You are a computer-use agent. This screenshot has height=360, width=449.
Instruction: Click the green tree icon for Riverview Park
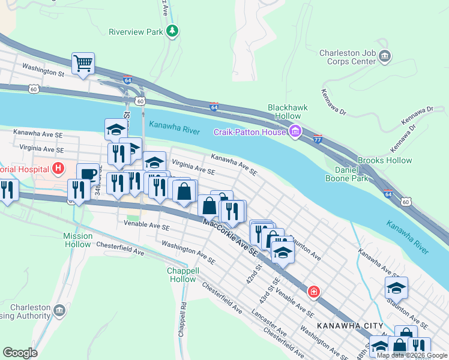[x=173, y=31]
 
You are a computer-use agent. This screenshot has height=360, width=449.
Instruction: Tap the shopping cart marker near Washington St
[x=83, y=64]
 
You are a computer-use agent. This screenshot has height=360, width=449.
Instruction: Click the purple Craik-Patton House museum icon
[x=295, y=131]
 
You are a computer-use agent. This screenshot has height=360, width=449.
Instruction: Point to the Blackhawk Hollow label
[x=288, y=112]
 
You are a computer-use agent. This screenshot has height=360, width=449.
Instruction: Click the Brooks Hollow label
[x=385, y=160]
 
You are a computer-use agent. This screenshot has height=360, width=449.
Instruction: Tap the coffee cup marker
[x=88, y=174]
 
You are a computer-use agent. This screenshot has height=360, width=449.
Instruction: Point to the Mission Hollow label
[x=78, y=240]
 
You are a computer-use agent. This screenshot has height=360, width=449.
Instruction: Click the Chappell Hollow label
[x=182, y=275]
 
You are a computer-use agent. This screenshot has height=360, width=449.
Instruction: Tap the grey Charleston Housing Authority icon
[x=59, y=310]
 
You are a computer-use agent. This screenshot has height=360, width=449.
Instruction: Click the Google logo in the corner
[x=20, y=353]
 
